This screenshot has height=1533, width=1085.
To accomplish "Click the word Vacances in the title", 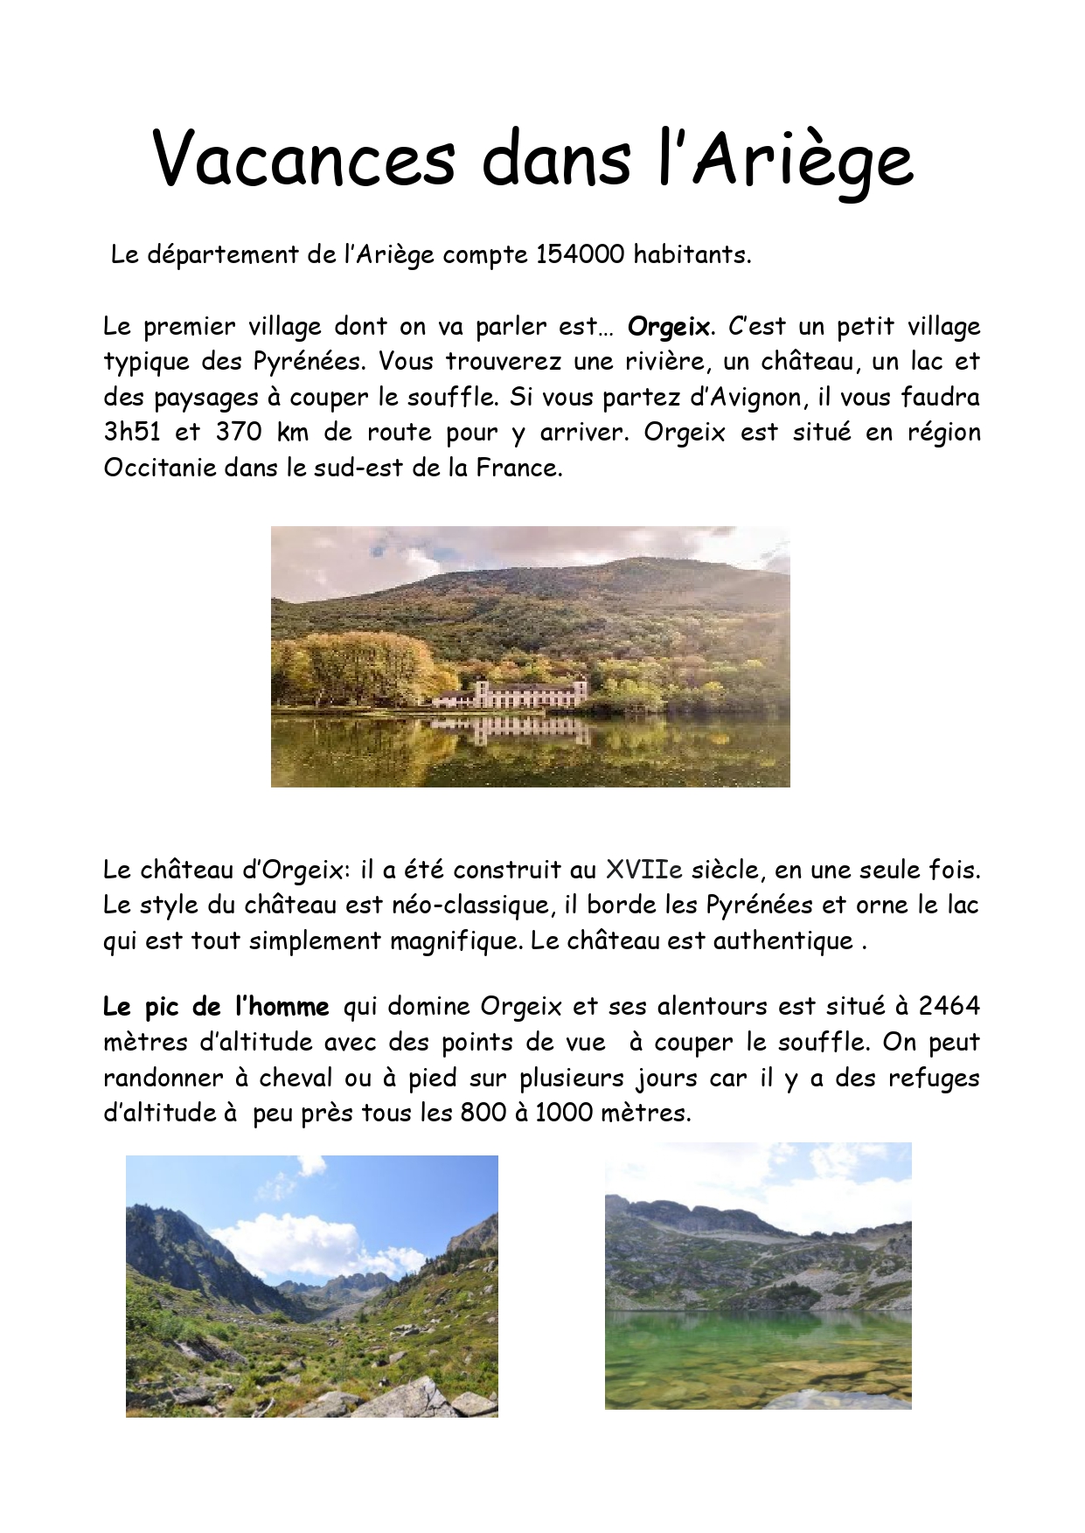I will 303,158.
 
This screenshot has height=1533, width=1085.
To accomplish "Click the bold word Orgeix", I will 669,327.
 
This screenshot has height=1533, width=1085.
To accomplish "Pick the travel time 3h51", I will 132,433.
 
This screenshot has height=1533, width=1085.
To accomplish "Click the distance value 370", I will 239,433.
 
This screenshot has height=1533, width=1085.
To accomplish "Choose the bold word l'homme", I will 282,1007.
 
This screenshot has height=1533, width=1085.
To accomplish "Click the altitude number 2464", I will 949,1007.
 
